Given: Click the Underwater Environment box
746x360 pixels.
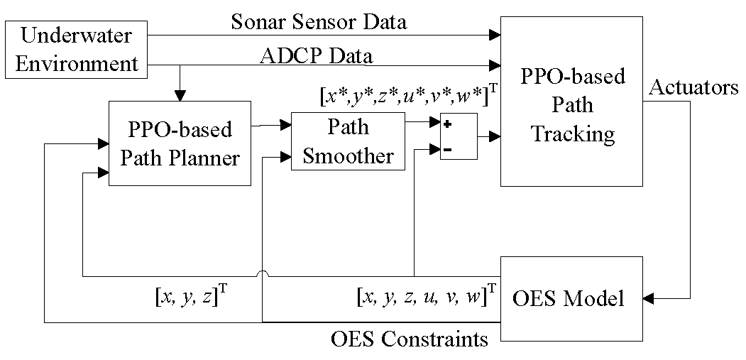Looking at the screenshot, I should [76, 49].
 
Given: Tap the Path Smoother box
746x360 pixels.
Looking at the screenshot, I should [348, 142].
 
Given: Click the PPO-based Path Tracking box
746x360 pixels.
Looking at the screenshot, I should [572, 102].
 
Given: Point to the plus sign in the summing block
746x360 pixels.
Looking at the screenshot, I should [448, 124].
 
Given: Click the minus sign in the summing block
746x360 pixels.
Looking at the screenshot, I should [448, 148].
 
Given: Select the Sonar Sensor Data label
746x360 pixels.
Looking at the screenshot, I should [319, 22].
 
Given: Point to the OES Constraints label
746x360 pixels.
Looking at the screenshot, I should [410, 339].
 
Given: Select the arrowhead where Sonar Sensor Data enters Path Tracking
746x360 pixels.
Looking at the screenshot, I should [495, 33].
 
